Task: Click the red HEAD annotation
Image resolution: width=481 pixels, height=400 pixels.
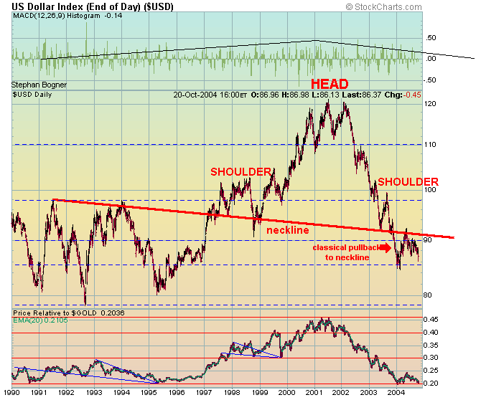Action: tap(330, 84)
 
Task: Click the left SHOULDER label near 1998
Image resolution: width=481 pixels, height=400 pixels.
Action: tap(240, 172)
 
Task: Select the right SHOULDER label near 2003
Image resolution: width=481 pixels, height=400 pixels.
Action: tap(408, 182)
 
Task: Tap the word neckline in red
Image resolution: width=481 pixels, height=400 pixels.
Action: tap(288, 230)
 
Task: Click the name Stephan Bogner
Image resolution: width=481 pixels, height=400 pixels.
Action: tap(39, 85)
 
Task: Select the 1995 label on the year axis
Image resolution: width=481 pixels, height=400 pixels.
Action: tap(149, 394)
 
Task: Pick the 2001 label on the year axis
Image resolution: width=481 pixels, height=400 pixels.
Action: tap(314, 394)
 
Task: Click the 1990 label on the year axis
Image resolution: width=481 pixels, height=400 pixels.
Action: tap(11, 394)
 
